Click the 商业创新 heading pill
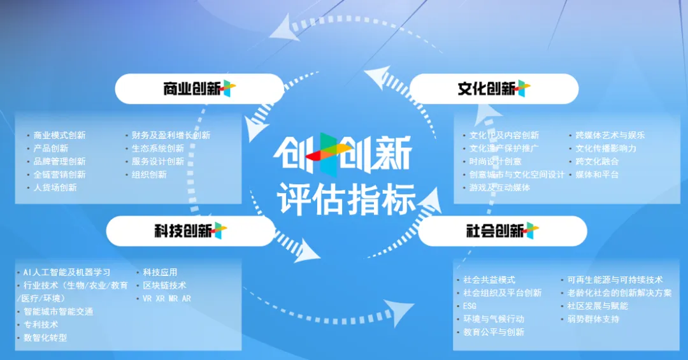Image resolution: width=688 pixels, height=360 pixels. pyautogui.click(x=199, y=89)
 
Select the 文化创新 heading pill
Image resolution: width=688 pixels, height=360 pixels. pyautogui.click(x=494, y=89)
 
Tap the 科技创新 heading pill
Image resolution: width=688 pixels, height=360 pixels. pyautogui.click(x=190, y=231)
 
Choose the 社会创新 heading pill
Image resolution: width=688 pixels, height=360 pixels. pyautogui.click(x=503, y=231)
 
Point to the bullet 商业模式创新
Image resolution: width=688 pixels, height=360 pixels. pyautogui.click(x=60, y=135)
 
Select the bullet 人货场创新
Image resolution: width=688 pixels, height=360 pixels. pyautogui.click(x=55, y=187)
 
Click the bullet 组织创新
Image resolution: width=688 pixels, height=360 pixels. pyautogui.click(x=149, y=175)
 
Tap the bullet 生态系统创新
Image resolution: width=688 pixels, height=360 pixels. pyautogui.click(x=158, y=148)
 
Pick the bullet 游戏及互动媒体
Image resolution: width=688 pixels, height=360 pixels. pyautogui.click(x=500, y=187)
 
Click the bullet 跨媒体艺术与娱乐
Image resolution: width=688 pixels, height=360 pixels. pyautogui.click(x=610, y=135)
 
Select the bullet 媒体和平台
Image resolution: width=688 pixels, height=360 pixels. pyautogui.click(x=597, y=175)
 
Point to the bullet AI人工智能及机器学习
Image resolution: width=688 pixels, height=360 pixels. pyautogui.click(x=67, y=272)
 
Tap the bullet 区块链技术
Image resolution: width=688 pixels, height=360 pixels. pyautogui.click(x=164, y=285)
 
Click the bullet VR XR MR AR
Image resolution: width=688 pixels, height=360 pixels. pyautogui.click(x=167, y=299)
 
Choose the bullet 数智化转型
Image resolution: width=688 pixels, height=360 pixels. pyautogui.click(x=45, y=338)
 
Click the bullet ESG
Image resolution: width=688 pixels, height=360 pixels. pyautogui.click(x=469, y=306)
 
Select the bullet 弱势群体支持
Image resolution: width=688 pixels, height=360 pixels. pyautogui.click(x=593, y=319)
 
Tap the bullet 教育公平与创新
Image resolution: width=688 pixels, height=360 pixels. pyautogui.click(x=494, y=332)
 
